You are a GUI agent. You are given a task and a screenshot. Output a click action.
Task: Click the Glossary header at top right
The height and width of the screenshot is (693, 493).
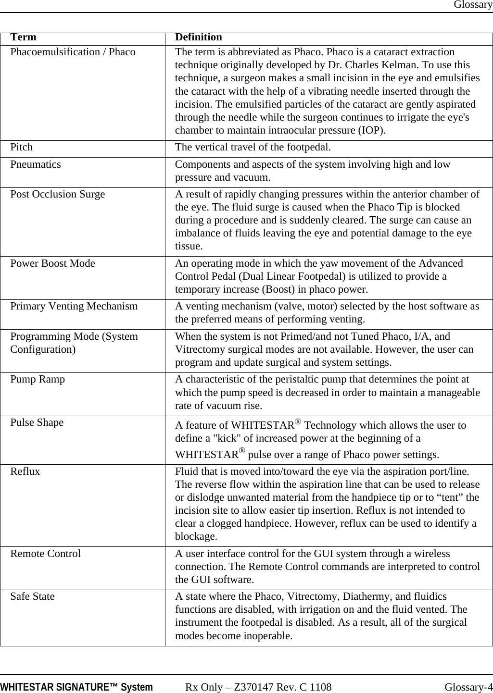(473, 5)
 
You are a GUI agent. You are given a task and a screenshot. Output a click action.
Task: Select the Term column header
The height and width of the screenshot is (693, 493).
(23, 37)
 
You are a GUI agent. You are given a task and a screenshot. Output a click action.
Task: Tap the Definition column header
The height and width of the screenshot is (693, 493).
(198, 37)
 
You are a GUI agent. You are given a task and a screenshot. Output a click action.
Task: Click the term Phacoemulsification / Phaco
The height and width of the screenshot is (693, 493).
(73, 52)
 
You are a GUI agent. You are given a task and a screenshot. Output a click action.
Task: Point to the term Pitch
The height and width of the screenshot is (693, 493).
(22, 147)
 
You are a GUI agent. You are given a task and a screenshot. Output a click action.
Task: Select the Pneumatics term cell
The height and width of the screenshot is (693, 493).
(36, 164)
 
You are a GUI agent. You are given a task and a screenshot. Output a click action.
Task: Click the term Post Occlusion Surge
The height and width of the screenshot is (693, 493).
(57, 194)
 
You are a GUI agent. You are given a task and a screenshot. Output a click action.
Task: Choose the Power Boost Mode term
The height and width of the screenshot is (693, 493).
(52, 263)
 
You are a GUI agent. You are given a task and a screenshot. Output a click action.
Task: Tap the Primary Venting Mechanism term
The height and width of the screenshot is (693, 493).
(74, 306)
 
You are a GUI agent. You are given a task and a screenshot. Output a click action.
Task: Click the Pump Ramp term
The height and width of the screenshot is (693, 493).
(38, 379)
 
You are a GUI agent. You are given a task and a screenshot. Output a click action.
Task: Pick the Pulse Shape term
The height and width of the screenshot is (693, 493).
(37, 422)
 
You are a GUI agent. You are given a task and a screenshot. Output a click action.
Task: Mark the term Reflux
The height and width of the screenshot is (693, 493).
(25, 471)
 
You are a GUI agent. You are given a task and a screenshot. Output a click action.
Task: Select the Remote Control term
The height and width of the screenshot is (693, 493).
(45, 554)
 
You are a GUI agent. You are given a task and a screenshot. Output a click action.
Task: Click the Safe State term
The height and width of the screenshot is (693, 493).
(32, 596)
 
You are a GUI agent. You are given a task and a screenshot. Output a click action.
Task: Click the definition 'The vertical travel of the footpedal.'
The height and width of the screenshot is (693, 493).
(253, 147)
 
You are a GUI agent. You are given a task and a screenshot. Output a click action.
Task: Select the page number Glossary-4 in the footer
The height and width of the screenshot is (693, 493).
(468, 687)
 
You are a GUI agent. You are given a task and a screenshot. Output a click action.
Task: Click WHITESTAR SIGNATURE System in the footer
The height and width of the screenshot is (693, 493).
(76, 687)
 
